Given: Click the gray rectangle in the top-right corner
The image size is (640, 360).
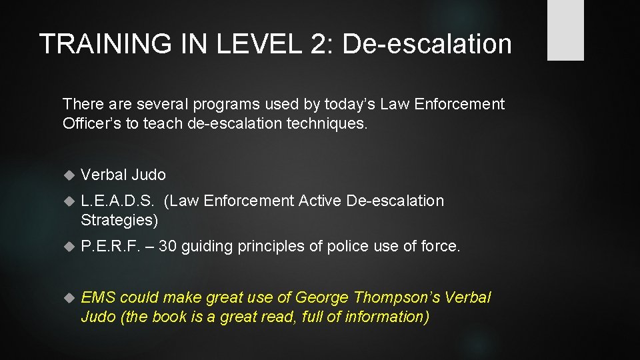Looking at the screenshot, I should pyautogui.click(x=565, y=30).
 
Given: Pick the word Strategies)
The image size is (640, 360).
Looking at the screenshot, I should pyautogui.click(x=119, y=219).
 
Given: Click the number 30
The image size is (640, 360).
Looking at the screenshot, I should pyautogui.click(x=168, y=247).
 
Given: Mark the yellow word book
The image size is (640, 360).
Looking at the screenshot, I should pyautogui.click(x=170, y=317).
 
